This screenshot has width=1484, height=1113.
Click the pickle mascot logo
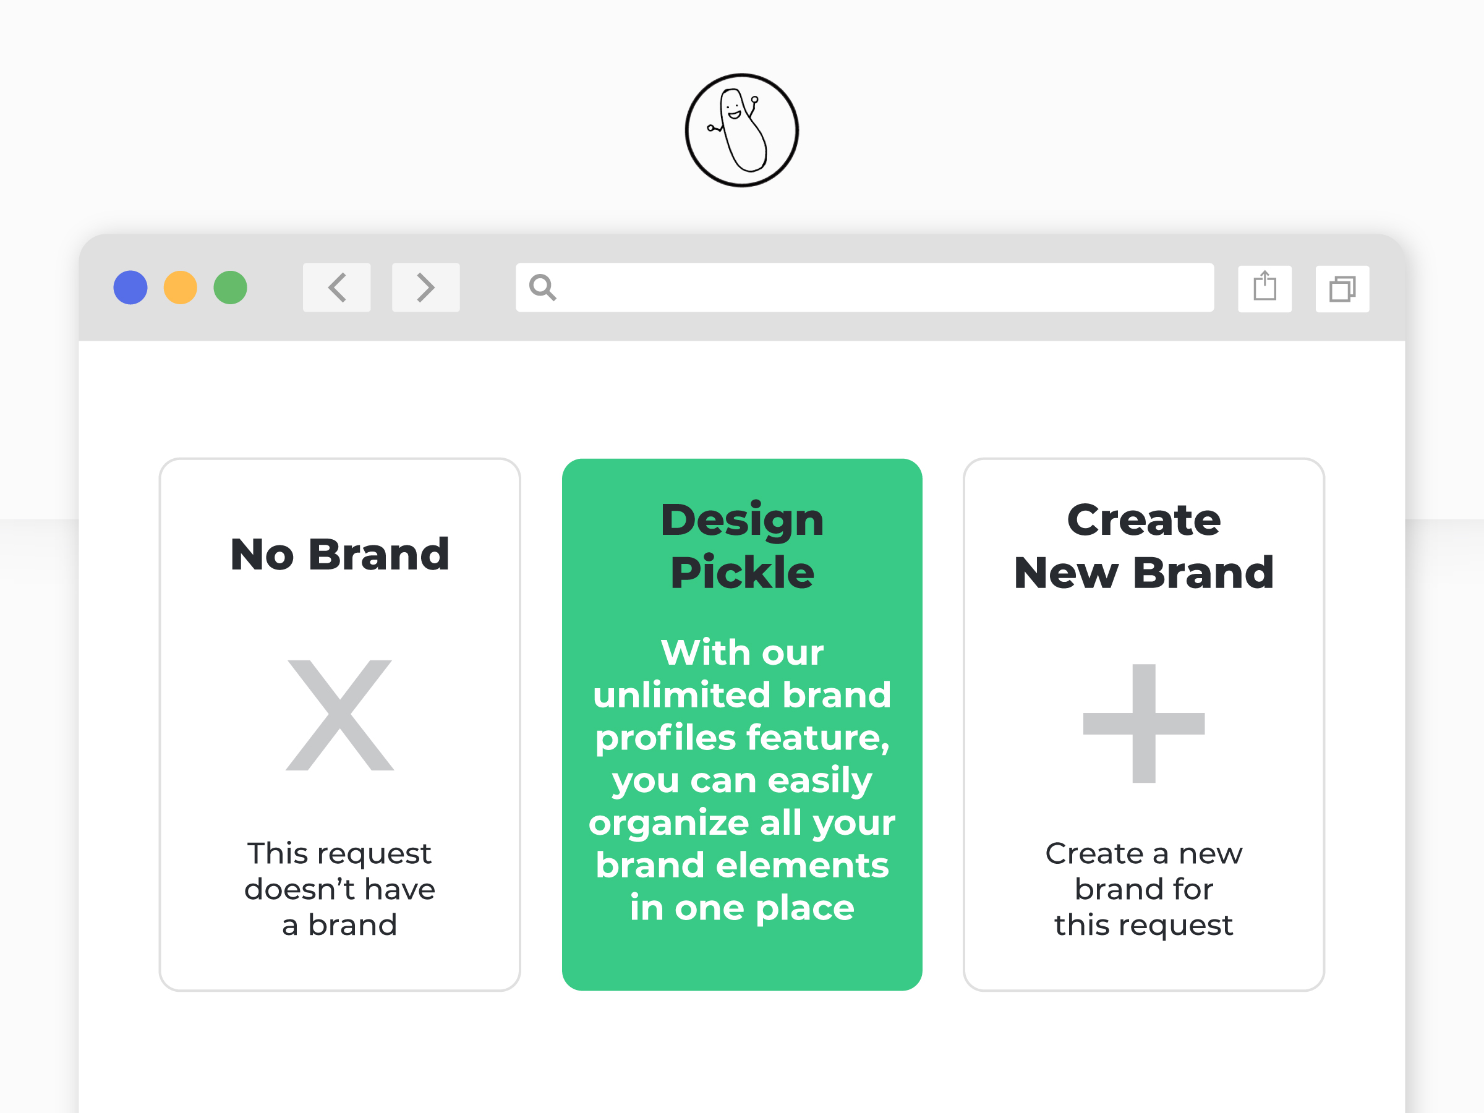741,130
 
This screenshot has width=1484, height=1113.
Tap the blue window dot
130,288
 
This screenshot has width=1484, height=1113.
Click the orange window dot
181,288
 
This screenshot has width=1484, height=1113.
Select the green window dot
230,288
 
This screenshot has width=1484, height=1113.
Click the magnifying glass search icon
542,288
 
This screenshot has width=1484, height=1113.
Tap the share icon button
1264,289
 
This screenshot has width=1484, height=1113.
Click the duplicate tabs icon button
1342,289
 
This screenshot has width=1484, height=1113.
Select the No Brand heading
339,555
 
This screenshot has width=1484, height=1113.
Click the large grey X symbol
339,715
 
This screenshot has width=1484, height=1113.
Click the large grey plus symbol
1144,723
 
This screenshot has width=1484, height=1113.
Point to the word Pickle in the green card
742,573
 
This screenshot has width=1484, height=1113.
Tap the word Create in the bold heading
1144,520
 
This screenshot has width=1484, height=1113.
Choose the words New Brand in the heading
1144,573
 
